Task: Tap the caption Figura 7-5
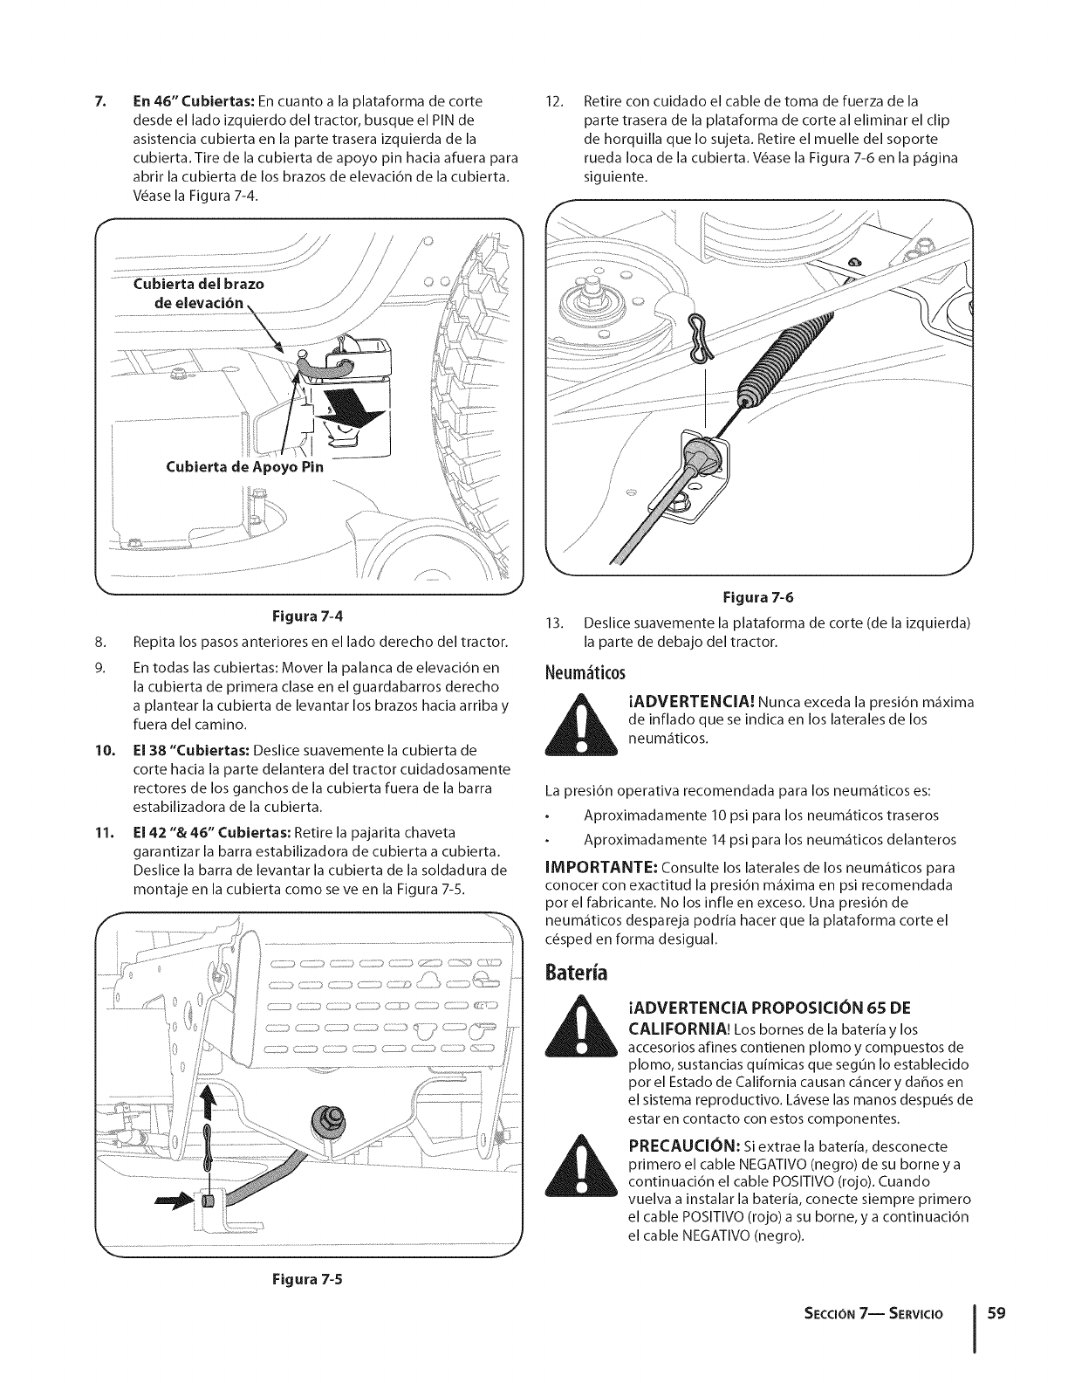tap(308, 1281)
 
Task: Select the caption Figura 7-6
tap(756, 598)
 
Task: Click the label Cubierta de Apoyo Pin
tap(244, 467)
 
